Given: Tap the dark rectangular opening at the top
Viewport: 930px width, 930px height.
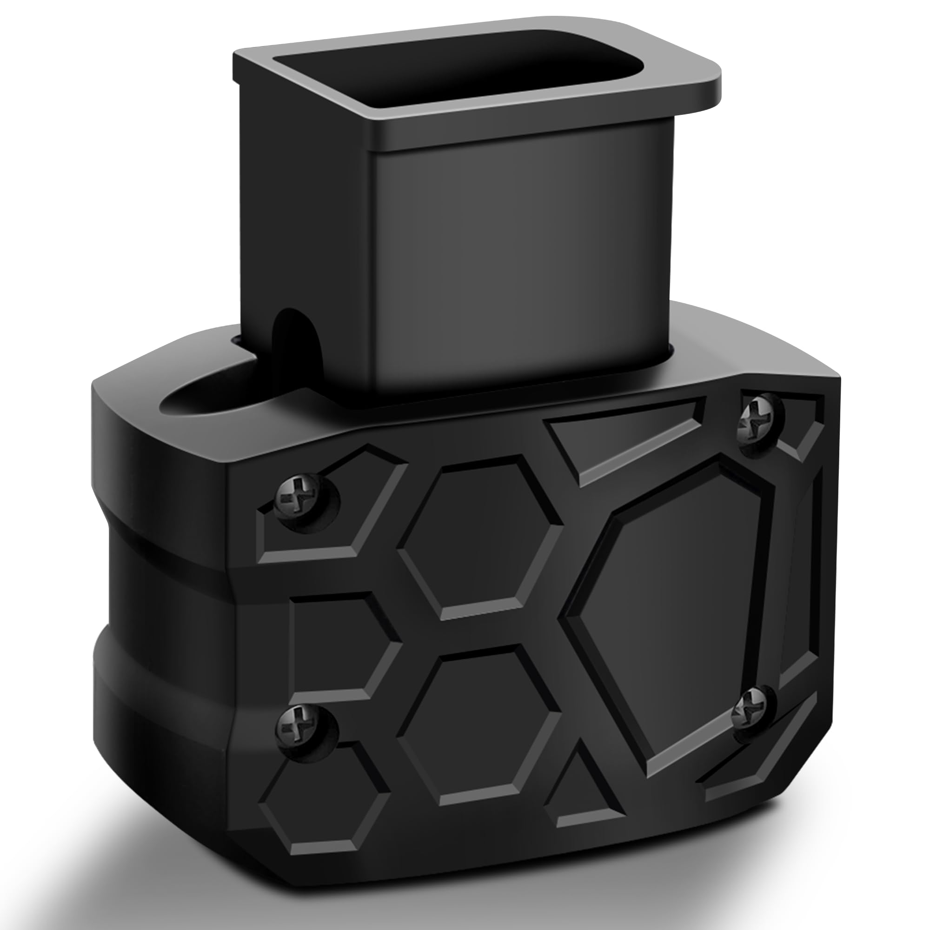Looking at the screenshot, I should click(x=462, y=80).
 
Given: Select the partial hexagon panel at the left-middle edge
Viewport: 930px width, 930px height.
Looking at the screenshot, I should click(x=339, y=645).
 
